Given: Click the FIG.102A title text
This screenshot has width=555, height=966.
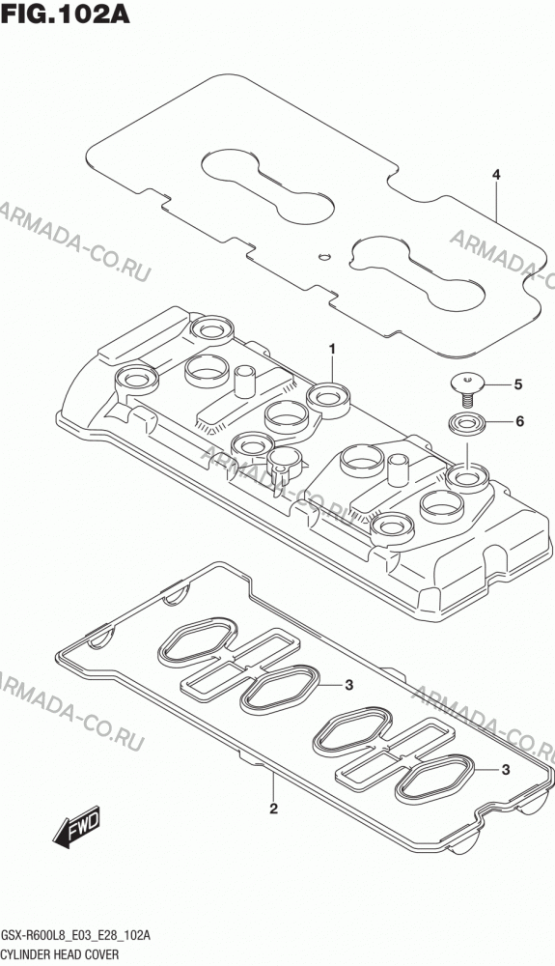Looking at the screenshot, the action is (x=66, y=13).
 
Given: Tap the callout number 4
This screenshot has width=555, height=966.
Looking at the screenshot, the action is (x=496, y=175).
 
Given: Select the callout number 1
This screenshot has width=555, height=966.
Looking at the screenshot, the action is (x=332, y=350).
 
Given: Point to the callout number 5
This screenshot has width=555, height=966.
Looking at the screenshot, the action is (x=518, y=384).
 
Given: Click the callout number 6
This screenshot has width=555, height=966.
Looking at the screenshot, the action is (x=519, y=422).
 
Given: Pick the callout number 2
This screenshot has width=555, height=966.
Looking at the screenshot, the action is (x=274, y=809).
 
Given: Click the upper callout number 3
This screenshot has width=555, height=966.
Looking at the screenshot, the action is (x=348, y=685).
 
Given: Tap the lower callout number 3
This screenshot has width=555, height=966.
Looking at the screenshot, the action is (x=506, y=769).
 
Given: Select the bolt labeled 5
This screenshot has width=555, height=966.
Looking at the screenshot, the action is (x=467, y=388).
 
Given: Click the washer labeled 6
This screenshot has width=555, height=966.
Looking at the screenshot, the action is (x=466, y=424).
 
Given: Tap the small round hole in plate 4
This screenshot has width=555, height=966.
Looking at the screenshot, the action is (x=326, y=254).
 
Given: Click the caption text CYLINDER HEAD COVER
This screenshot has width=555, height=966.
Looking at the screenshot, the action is (x=60, y=954).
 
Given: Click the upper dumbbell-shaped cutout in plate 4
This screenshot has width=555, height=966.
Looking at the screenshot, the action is (x=268, y=185).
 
